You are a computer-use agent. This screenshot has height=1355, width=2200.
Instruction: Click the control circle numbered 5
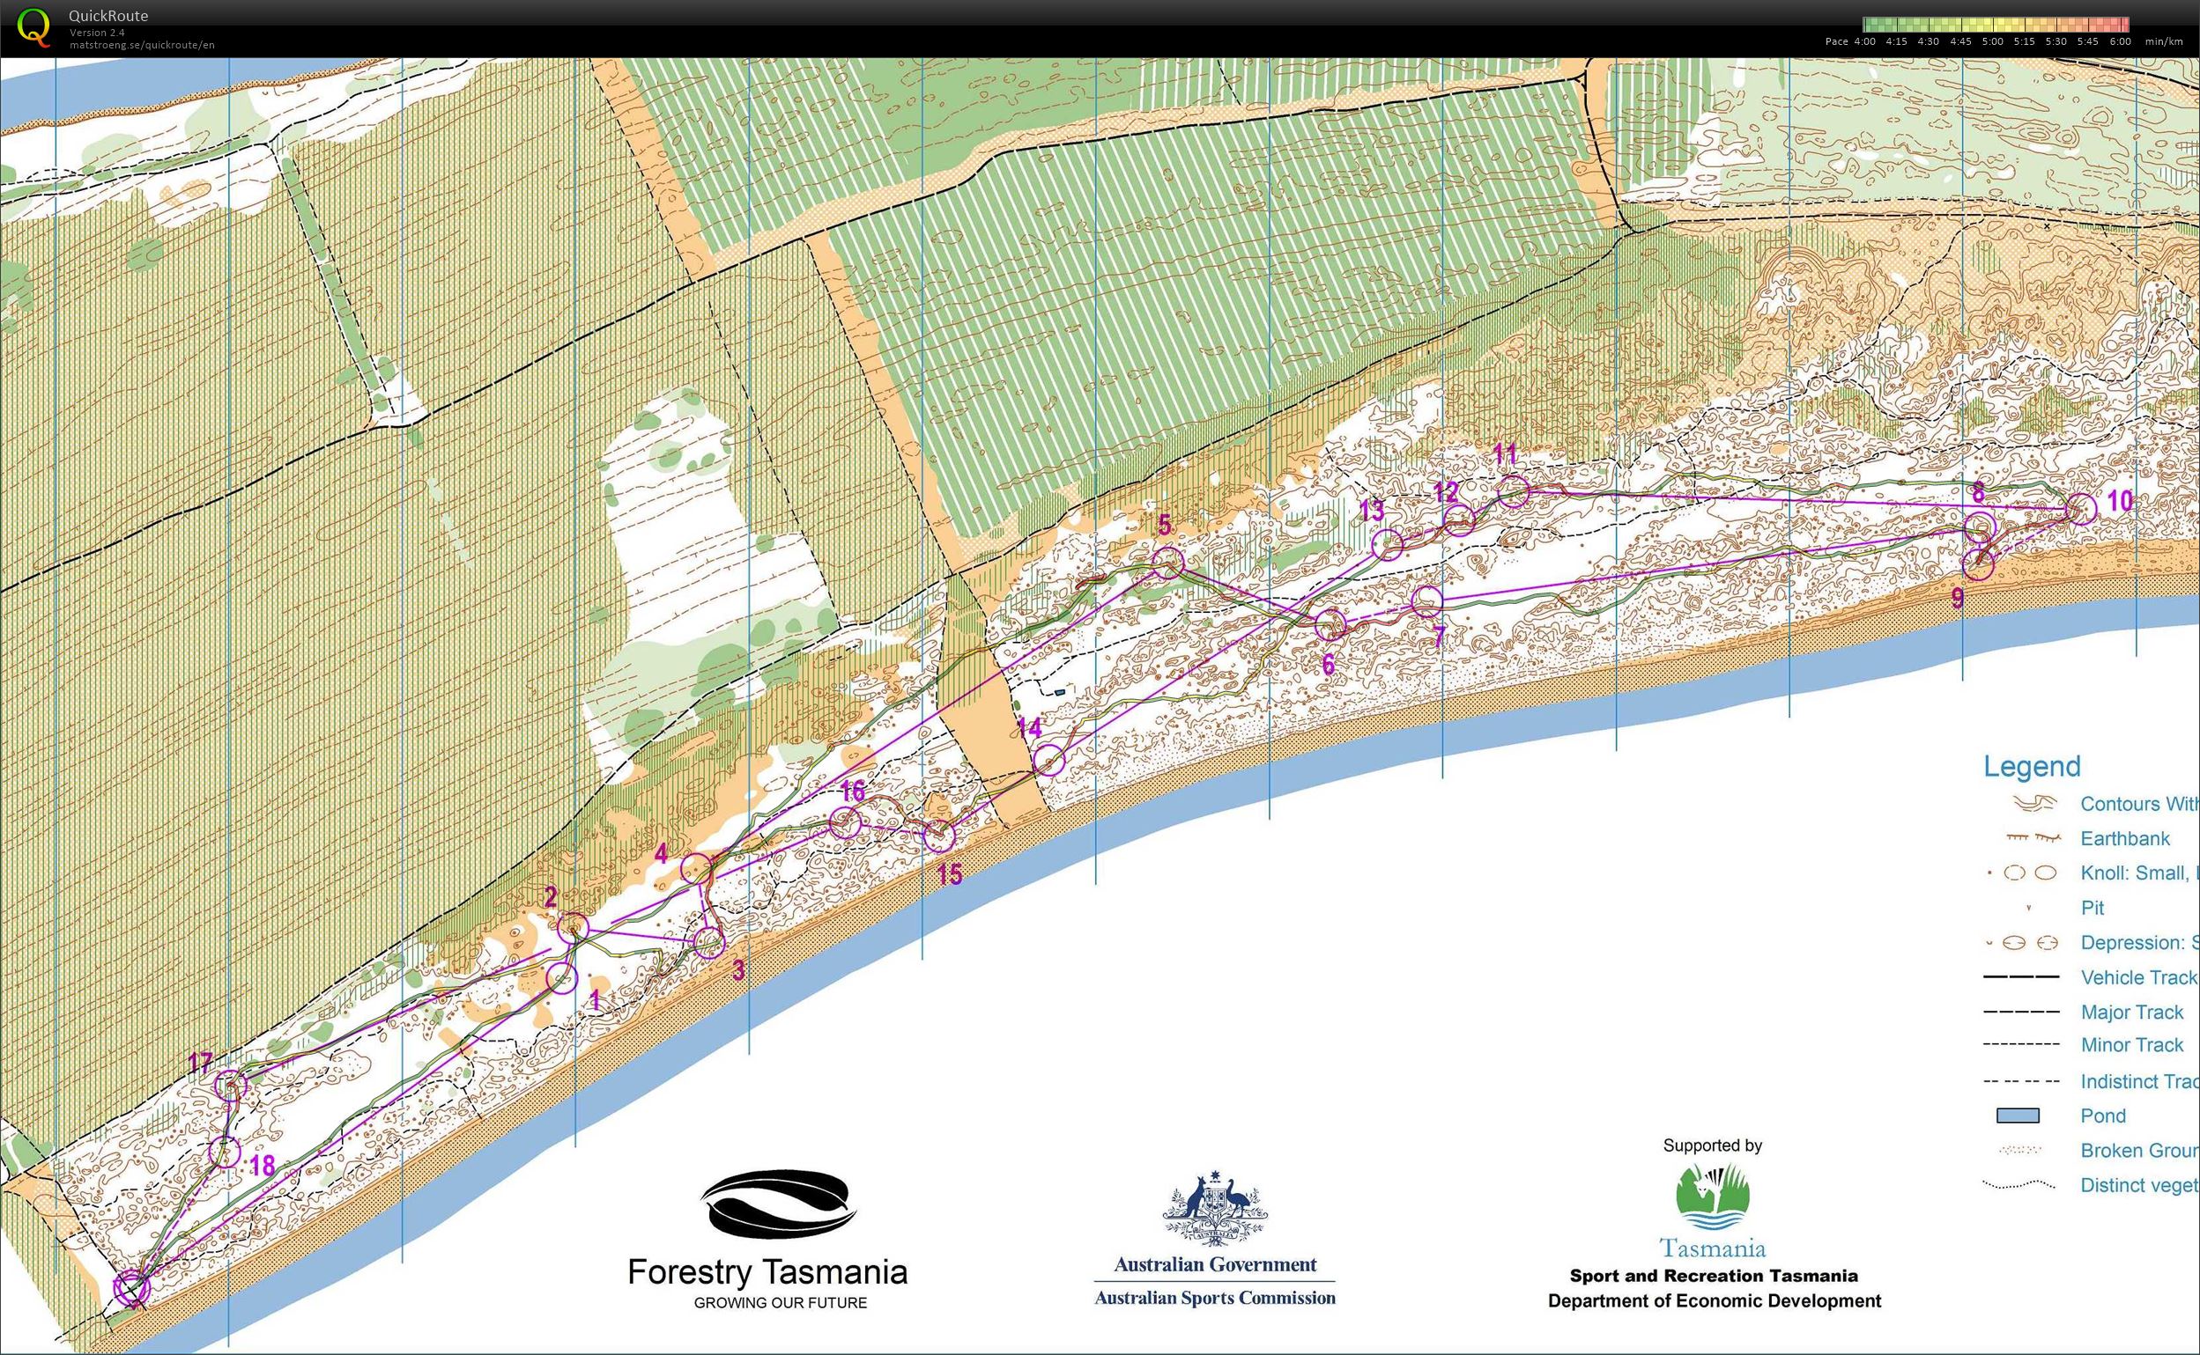(1167, 563)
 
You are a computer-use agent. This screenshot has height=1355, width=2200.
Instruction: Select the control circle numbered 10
(2082, 509)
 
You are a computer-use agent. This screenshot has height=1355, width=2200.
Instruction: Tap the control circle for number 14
(1049, 760)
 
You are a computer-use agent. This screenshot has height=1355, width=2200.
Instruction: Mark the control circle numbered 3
(709, 942)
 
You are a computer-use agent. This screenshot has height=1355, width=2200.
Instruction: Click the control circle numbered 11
(1514, 491)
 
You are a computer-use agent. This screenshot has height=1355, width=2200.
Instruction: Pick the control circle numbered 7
(1426, 600)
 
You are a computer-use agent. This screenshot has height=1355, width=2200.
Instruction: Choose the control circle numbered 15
(938, 836)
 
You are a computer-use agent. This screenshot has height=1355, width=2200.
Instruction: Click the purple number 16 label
(853, 791)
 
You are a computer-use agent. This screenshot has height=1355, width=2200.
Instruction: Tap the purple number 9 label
(1957, 598)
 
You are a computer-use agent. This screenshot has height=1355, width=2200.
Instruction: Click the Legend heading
(2031, 766)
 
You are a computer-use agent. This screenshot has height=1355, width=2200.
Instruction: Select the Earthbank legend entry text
(2125, 839)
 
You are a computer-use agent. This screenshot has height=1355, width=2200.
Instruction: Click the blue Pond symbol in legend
(2017, 1116)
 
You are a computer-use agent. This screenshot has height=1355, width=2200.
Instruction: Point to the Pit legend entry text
(2093, 908)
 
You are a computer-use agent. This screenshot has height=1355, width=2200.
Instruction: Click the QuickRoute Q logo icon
(34, 27)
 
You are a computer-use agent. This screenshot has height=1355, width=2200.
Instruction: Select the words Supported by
(1712, 1145)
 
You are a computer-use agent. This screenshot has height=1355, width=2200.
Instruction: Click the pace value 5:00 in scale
(1992, 41)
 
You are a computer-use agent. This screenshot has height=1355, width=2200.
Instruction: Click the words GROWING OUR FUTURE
(780, 1303)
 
